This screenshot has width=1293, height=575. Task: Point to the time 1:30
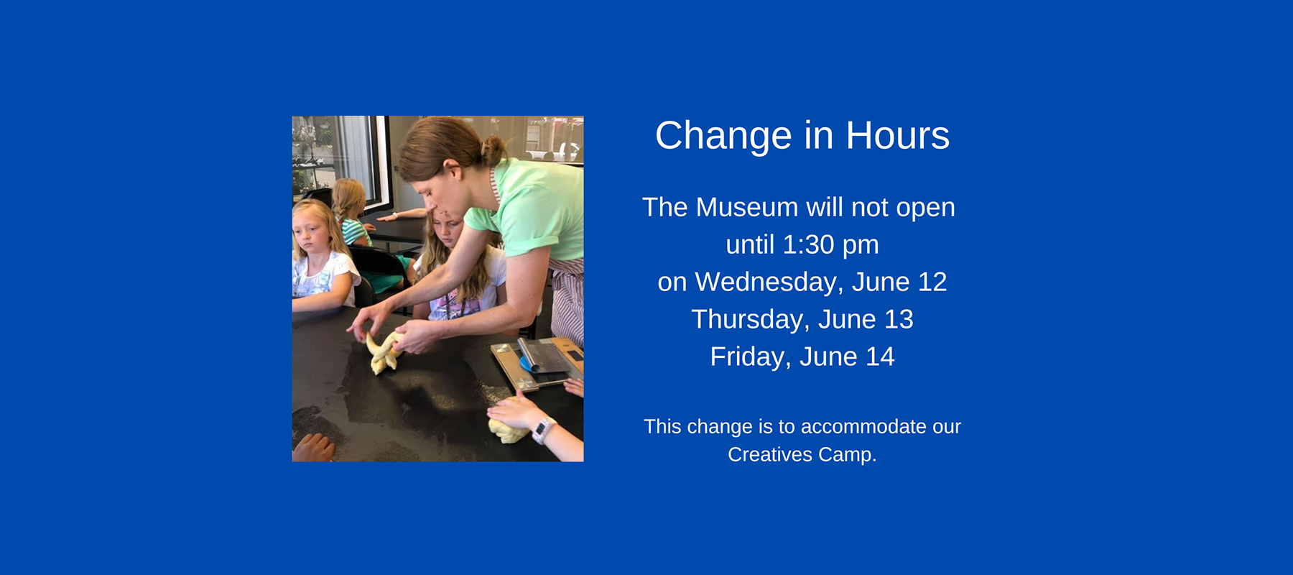809,245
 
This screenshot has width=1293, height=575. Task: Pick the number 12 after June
932,282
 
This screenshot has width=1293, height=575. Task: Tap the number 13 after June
899,320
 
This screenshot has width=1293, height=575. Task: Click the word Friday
746,357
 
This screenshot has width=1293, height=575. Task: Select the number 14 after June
880,357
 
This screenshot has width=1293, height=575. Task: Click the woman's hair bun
493,150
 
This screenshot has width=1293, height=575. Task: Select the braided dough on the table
383,352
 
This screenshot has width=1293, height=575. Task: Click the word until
749,245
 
